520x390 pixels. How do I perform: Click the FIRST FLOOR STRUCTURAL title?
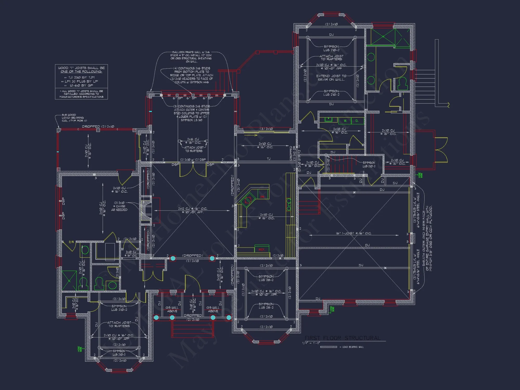(x=342, y=338)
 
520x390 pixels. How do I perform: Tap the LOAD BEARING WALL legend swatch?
(x=329, y=347)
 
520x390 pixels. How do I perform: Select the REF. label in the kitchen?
(x=262, y=250)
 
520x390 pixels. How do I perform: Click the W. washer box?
(x=345, y=121)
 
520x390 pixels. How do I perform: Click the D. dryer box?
(x=357, y=121)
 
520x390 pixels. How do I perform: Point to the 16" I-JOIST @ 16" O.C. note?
(x=354, y=233)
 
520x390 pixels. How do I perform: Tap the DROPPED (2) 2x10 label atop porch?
(x=98, y=126)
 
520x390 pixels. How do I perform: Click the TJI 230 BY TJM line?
(x=81, y=77)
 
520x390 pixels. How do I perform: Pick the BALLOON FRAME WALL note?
(x=191, y=57)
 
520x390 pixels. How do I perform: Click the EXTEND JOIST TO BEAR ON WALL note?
(x=331, y=78)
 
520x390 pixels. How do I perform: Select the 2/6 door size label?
(x=71, y=242)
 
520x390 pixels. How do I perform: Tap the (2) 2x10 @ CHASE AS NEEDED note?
(x=119, y=206)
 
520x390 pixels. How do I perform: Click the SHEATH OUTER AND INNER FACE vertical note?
(x=427, y=238)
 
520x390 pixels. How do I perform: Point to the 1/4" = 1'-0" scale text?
(x=311, y=343)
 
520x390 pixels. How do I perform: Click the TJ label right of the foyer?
(x=269, y=159)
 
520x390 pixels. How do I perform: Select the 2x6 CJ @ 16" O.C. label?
(x=193, y=141)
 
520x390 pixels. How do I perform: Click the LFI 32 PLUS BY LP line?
(x=81, y=81)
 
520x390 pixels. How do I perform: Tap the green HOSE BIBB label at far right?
(x=420, y=175)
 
